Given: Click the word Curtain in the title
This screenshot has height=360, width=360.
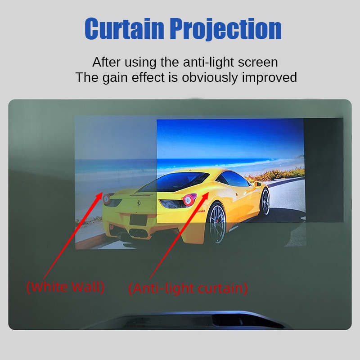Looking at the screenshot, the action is pos(124,28).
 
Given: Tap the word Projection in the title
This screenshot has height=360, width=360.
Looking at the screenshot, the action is pos(226,29).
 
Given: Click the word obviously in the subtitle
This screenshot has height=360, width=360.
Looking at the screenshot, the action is pos(210,77).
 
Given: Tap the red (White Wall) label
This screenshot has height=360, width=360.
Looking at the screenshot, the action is pos(65,287).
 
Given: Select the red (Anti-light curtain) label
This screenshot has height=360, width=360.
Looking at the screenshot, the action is pos(188,288).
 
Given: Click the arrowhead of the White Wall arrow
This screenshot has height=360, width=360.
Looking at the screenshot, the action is pos(100,194).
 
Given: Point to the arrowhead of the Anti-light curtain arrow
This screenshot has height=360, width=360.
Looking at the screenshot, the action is pos(206,195).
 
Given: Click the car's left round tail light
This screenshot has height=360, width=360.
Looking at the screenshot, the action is pos(107,198).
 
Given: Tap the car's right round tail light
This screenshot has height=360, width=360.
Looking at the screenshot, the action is pos(189,200).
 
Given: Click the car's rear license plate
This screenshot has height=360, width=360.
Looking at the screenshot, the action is pos(138,220).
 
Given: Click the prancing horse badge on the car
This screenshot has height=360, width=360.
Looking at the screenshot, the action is pos(139,203).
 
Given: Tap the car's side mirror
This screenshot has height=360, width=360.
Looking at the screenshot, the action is pos(257,184).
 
